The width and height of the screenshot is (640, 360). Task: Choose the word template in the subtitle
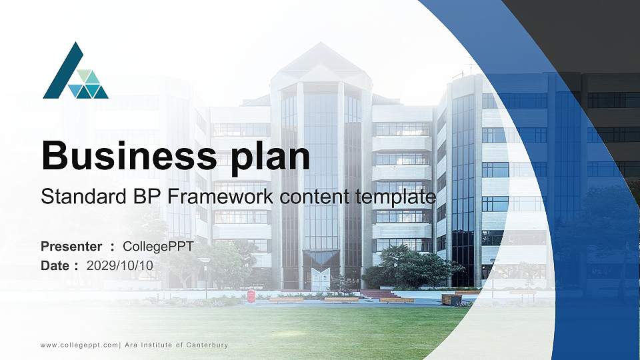pyautogui.click(x=396, y=197)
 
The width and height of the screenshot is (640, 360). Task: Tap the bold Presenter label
pyautogui.click(x=71, y=247)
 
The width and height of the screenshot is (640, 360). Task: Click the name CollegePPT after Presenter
pyautogui.click(x=158, y=247)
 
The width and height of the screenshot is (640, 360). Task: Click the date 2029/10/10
pyautogui.click(x=120, y=265)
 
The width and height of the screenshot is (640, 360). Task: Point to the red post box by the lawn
pyautogui.click(x=251, y=296)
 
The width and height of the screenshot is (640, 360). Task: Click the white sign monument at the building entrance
pyautogui.click(x=321, y=279)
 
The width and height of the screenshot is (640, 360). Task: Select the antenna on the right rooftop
pyautogui.click(x=470, y=69)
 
